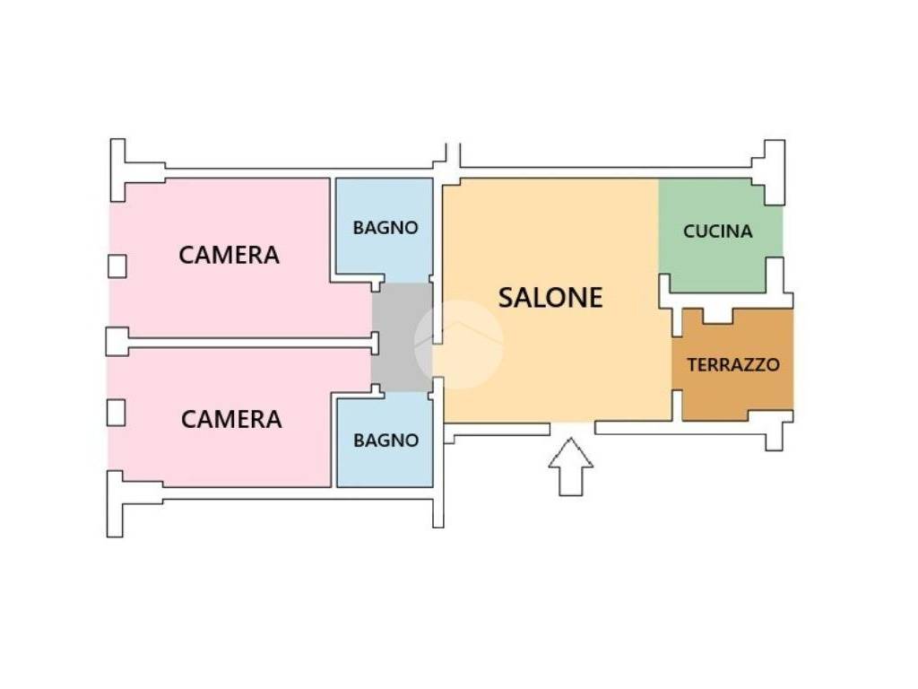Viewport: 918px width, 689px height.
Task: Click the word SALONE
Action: coord(550,298)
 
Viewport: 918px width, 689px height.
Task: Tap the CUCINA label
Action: coord(717,231)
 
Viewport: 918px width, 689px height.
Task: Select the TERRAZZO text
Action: coord(732,365)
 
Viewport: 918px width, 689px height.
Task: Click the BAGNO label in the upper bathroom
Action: coord(385,228)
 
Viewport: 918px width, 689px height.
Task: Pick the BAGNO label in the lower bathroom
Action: coord(385,440)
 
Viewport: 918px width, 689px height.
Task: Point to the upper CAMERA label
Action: coord(229,255)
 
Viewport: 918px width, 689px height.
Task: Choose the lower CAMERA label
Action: coord(231,419)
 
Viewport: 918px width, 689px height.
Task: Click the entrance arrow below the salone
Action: coord(570,466)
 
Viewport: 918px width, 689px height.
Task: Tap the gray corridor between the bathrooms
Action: coord(402,336)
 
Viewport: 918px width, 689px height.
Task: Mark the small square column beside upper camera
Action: coord(117,266)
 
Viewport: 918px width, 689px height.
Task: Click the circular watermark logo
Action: coord(458,344)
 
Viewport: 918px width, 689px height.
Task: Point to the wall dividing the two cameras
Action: coord(242,342)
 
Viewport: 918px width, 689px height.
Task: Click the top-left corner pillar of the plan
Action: coord(117,170)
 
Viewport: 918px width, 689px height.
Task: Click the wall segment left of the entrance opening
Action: coord(498,431)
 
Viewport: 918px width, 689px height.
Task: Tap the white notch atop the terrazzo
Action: coord(716,316)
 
